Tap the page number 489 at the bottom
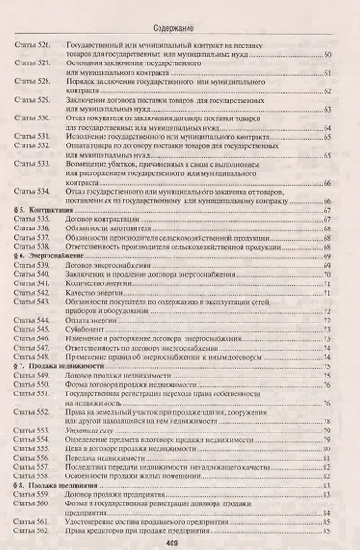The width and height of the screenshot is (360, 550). tap(180, 541)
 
